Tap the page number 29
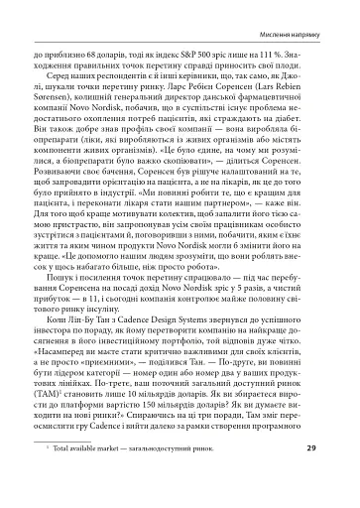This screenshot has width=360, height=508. pyautogui.click(x=335, y=476)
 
